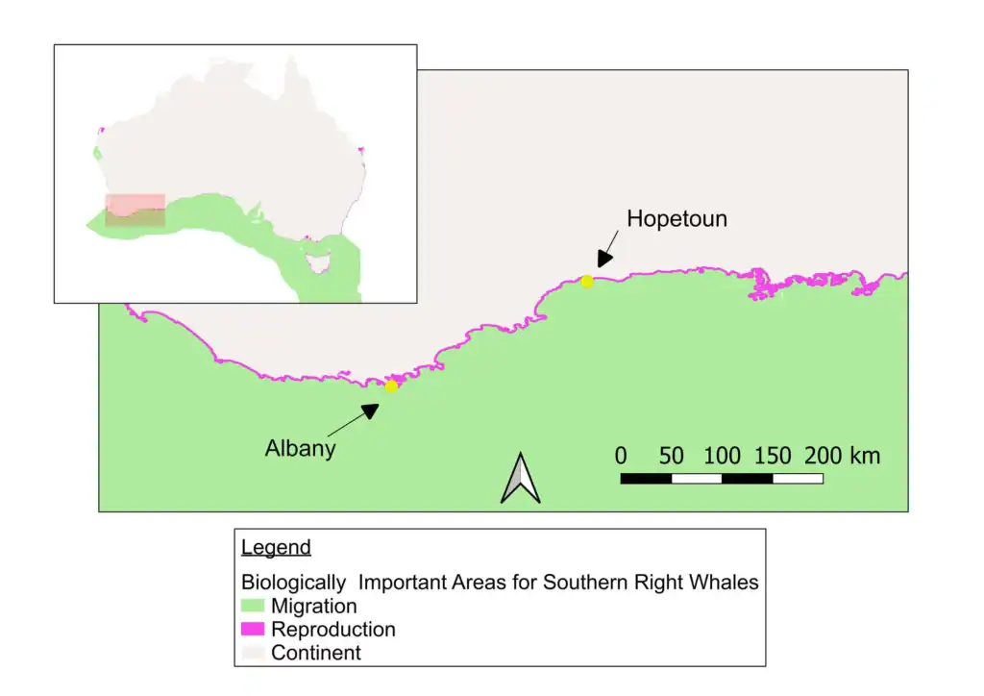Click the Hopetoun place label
click(676, 219)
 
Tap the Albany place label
click(300, 448)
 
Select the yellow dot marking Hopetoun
click(587, 282)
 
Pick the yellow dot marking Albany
click(391, 386)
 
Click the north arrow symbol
click(520, 478)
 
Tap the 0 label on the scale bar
click(621, 456)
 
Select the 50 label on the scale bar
click(671, 456)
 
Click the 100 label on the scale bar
click(722, 456)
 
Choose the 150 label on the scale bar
click(773, 456)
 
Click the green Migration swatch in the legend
click(253, 607)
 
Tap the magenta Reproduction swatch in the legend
click(253, 630)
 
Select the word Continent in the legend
click(316, 654)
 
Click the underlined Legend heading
click(276, 548)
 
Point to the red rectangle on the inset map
click(135, 211)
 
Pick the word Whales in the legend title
click(726, 583)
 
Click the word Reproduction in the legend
click(332, 630)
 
